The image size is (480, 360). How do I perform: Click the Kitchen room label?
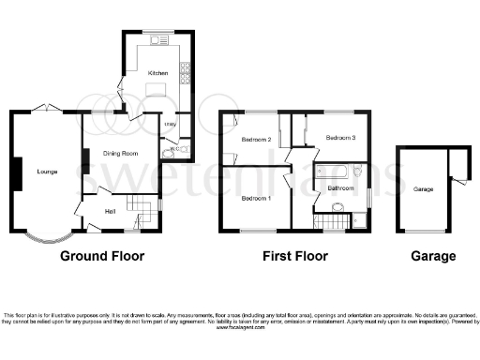point(157,72)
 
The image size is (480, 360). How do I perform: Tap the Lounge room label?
point(47,172)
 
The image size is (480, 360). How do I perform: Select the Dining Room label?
point(122,153)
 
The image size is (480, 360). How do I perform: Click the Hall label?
point(110,209)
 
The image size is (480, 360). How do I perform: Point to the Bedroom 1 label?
point(256,199)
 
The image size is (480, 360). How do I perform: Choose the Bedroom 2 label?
point(256,140)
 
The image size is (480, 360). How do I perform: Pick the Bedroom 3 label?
point(341,137)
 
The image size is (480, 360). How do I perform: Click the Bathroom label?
point(338,188)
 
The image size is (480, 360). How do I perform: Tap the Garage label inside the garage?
point(424,188)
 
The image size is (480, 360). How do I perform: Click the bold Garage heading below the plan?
point(432,255)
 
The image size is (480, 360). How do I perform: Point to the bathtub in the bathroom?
point(337,172)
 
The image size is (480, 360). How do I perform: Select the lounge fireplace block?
point(17,172)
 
